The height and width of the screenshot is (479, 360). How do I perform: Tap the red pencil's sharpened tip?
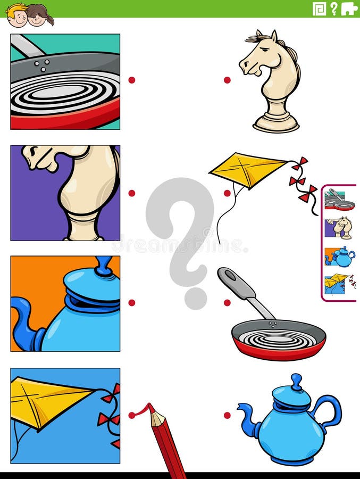pos(152,410)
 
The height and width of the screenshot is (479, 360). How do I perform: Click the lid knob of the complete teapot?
pos(296,381)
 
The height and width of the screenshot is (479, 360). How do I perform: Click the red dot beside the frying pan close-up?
pos(131,80)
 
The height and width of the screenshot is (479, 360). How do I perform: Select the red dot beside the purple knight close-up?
pos(131,193)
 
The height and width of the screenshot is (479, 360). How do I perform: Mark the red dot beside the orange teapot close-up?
pos(131,303)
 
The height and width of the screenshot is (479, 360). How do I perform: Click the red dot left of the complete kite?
pos(227,193)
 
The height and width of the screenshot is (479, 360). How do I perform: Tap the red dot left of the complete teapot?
pos(227,415)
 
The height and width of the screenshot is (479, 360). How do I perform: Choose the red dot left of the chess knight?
pos(227,80)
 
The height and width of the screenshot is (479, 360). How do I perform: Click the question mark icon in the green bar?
pos(334,8)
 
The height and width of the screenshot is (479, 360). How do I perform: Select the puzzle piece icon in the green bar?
pos(349,8)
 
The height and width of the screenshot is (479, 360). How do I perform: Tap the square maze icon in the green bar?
pos(319,8)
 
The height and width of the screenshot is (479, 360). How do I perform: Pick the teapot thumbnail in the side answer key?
pos(340,257)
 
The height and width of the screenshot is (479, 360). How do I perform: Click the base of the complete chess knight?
pos(276,123)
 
